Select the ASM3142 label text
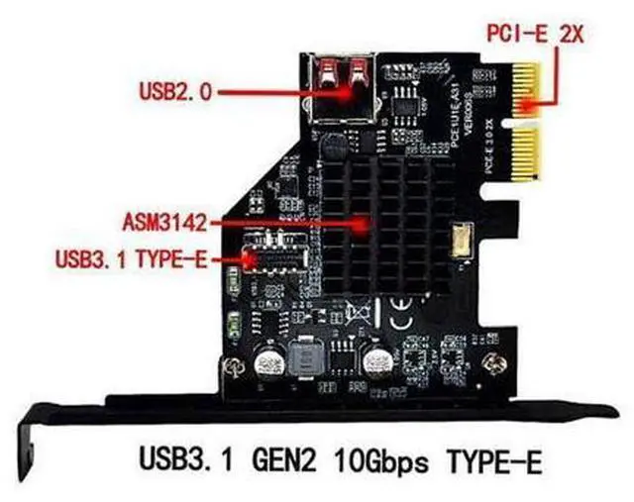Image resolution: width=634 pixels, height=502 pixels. (165, 219)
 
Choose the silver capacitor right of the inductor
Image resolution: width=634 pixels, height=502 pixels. (378, 362)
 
